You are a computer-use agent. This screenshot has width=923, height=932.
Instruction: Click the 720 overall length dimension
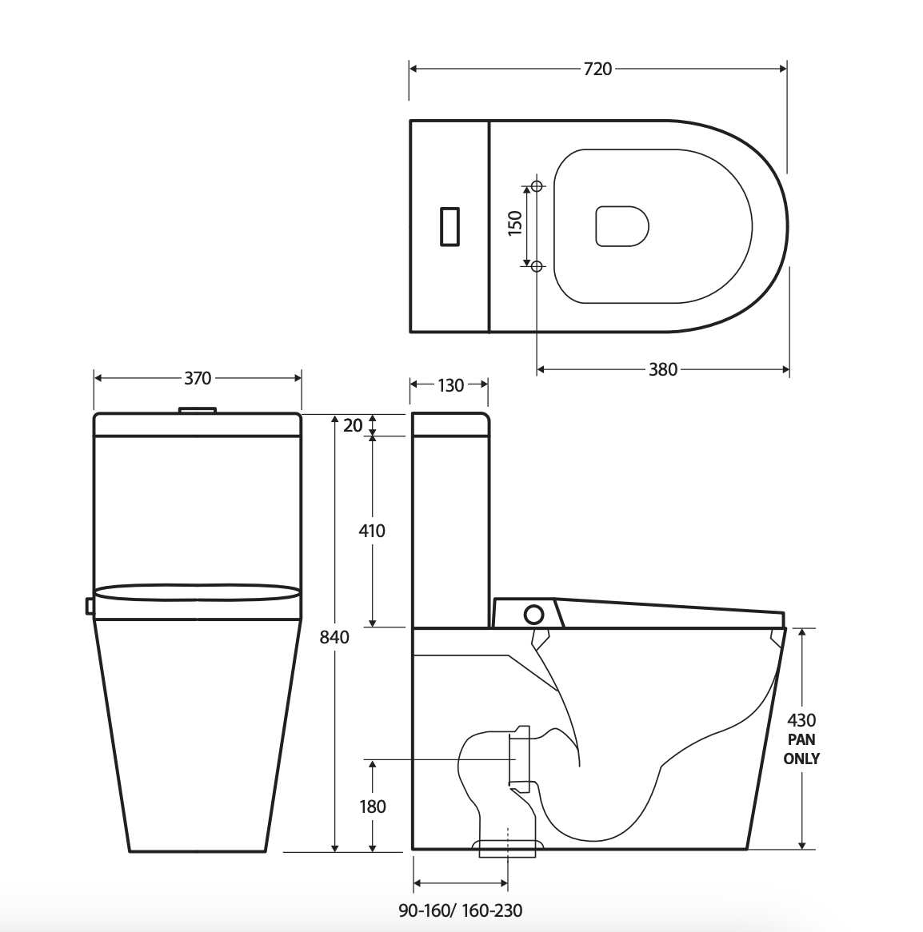(x=597, y=69)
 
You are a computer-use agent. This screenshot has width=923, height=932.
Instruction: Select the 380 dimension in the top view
(x=663, y=369)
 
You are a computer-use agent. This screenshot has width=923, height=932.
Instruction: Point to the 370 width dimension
(x=198, y=378)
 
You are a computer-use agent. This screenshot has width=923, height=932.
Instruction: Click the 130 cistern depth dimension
(x=450, y=385)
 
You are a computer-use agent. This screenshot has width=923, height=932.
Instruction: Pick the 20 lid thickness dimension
(x=353, y=426)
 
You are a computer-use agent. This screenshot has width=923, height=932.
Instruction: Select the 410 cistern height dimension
(x=372, y=531)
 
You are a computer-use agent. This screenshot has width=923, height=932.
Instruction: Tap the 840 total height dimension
(x=334, y=637)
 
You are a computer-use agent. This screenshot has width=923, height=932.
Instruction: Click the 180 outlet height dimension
(x=372, y=807)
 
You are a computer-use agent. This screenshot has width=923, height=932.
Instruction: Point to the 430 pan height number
(x=801, y=721)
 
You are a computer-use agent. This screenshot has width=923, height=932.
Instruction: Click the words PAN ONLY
(x=801, y=749)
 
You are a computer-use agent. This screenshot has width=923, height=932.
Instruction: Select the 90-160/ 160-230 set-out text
(x=461, y=910)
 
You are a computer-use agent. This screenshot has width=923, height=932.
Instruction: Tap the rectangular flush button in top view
(x=450, y=225)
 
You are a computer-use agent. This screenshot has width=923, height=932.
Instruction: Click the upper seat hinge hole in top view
(x=537, y=186)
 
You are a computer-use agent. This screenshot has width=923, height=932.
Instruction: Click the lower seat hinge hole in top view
(x=537, y=265)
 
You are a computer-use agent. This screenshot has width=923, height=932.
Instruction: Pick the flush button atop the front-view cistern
(x=198, y=410)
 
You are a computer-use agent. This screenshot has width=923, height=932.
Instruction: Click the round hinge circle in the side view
(x=533, y=615)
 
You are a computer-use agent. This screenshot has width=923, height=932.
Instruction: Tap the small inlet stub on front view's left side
(x=90, y=607)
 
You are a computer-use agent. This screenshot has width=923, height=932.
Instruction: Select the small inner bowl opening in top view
(x=621, y=225)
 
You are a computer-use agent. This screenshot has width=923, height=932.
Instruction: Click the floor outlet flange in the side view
(x=508, y=847)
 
